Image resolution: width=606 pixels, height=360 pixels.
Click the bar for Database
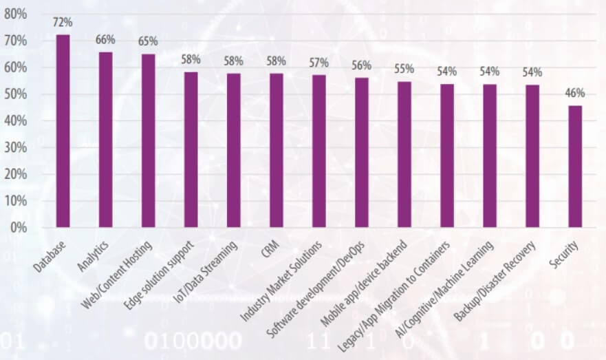(63, 131)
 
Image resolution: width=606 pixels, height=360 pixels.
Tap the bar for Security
(575, 166)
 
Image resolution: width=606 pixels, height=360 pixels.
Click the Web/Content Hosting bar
(148, 140)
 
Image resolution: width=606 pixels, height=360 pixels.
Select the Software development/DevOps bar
(362, 152)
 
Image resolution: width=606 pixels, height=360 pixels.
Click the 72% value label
(63, 22)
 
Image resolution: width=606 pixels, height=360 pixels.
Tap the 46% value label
(575, 93)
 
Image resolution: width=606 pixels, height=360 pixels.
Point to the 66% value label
(105, 39)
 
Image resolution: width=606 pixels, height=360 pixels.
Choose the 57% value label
(319, 63)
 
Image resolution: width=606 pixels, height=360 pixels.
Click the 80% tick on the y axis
(16, 14)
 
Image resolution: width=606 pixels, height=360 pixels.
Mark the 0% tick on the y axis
(19, 227)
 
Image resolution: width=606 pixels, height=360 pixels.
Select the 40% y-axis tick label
(16, 120)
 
